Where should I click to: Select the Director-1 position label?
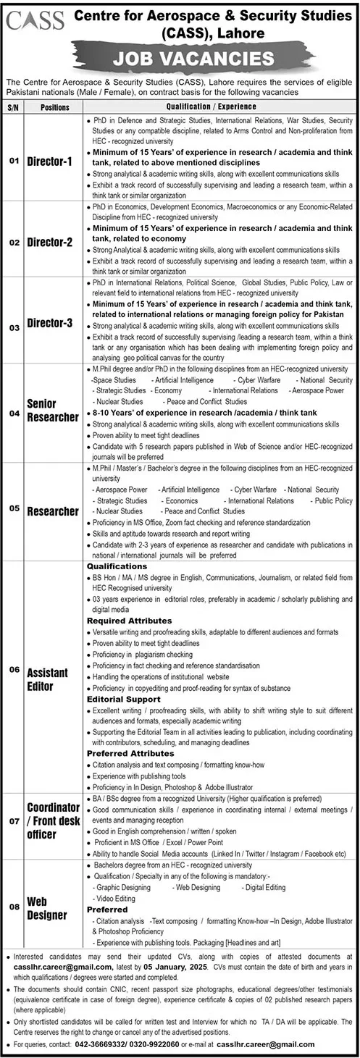50,161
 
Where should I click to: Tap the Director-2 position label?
50,243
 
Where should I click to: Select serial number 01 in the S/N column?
13,161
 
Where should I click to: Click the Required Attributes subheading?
129,620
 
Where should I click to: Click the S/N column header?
13,107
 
